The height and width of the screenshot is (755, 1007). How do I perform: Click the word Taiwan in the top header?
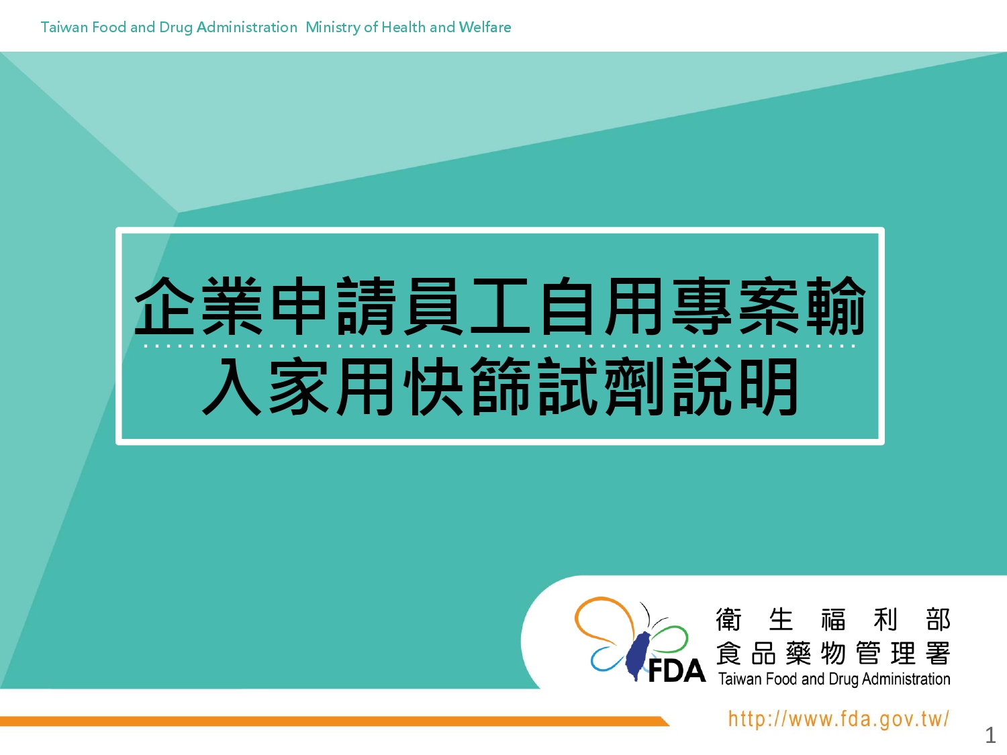(64, 27)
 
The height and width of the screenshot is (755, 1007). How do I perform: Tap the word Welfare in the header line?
(485, 27)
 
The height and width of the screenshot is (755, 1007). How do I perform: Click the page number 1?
(990, 736)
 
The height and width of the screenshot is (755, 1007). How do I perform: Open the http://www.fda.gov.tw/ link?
(838, 719)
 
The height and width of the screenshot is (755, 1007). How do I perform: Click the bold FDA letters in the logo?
(677, 672)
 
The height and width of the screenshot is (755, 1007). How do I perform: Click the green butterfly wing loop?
(671, 639)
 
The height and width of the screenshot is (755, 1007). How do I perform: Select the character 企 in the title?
(164, 306)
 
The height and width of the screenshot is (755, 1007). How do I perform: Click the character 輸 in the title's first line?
(836, 306)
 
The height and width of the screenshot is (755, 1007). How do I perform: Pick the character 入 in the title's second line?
(232, 386)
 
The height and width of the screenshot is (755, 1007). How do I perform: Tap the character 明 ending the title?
(769, 386)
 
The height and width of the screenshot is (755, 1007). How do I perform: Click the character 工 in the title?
(501, 306)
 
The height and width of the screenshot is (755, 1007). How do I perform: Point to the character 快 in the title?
(433, 386)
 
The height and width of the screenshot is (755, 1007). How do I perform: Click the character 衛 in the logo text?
(728, 619)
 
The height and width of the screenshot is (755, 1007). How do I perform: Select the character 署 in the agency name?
(938, 653)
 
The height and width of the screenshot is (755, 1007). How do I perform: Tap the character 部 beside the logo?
(938, 619)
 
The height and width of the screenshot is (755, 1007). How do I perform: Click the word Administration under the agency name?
(906, 679)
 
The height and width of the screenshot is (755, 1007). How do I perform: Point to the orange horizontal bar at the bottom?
(334, 721)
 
